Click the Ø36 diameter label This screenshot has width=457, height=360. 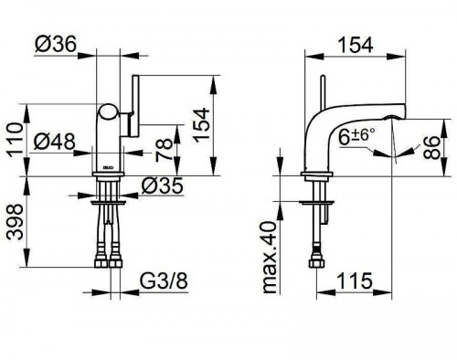(x=55, y=45)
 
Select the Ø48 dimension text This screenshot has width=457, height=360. (x=54, y=142)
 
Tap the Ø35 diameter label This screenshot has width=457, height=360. (x=163, y=185)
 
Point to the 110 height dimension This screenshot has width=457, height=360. (x=15, y=140)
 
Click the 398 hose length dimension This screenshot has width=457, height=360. (x=15, y=222)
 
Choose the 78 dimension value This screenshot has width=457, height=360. (x=165, y=150)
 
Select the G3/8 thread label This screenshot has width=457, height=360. (x=164, y=281)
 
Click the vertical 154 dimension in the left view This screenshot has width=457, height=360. (x=202, y=125)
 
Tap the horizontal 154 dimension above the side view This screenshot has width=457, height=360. (x=356, y=46)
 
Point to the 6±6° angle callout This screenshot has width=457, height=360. (x=357, y=136)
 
